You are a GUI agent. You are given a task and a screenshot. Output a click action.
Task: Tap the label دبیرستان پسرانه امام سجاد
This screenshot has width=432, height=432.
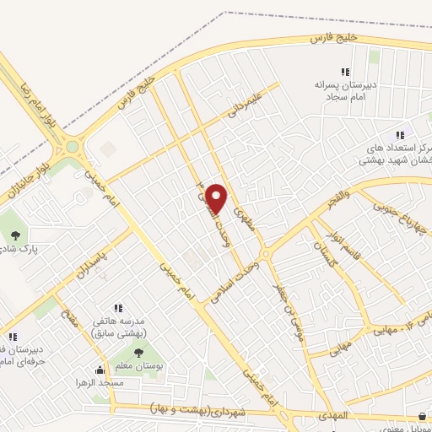pyautogui.click(x=344, y=92)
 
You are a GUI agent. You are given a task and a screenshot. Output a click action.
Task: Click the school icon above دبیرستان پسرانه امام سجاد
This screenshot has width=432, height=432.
pyautogui.click(x=344, y=73)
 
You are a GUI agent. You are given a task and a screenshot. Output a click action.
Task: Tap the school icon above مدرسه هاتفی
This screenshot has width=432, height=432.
pyautogui.click(x=119, y=308)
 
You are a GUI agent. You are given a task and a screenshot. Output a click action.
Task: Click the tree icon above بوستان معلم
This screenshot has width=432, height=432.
pyautogui.click(x=138, y=353)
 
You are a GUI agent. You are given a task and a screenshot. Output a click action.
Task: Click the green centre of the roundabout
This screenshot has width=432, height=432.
pyautogui.click(x=73, y=147)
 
